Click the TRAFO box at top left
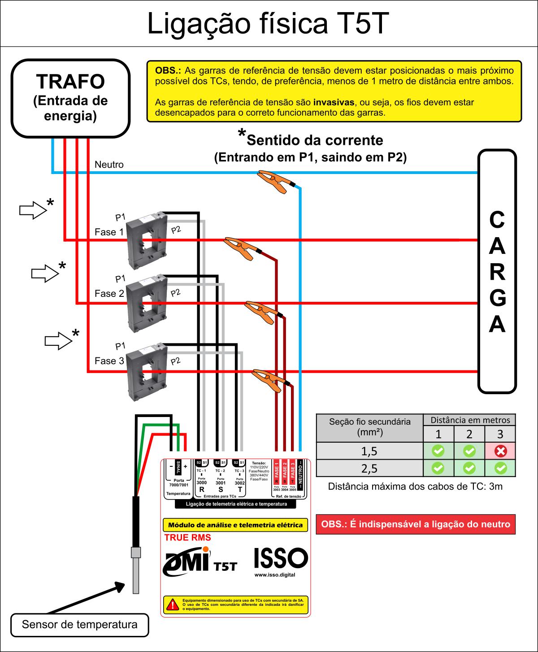tap(70, 98)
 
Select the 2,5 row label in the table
tap(369, 469)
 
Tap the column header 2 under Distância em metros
tap(469, 434)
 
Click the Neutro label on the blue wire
tap(109, 165)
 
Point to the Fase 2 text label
tap(109, 294)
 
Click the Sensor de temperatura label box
tap(79, 625)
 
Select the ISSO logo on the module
tap(281, 559)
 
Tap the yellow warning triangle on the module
tap(171, 604)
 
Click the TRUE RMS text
tap(187, 538)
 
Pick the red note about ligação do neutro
tap(416, 524)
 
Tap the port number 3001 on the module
tap(221, 483)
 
